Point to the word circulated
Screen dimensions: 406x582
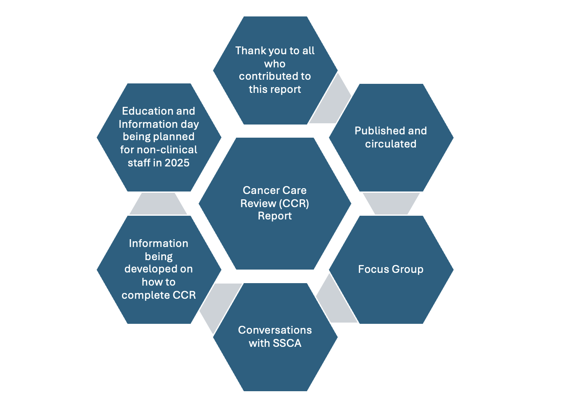click(390, 144)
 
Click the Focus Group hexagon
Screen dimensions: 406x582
click(391, 269)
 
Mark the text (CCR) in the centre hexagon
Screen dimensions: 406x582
click(296, 203)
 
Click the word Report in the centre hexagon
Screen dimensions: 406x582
click(275, 216)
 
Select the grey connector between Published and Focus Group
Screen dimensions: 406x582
click(391, 203)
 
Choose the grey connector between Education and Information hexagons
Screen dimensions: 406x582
click(158, 203)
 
